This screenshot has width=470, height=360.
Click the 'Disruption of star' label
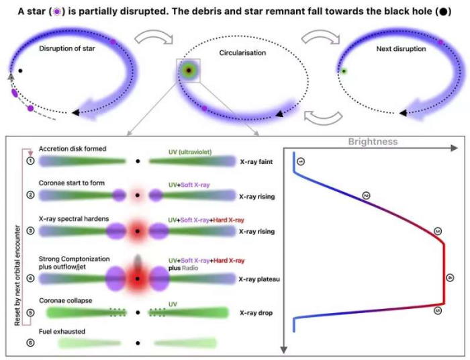pos(67,48)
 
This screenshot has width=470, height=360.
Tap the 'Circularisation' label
pos(242,53)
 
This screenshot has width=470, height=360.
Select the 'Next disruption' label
pos(401,49)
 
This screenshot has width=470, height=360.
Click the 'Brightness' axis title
pos(373,142)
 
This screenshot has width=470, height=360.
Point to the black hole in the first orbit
pos(20,71)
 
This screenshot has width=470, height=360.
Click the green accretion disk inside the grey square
pos(189,71)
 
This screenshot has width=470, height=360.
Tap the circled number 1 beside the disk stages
pos(31,161)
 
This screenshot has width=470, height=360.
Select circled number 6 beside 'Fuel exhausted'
pos(31,343)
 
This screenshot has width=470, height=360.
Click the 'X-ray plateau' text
pos(259,279)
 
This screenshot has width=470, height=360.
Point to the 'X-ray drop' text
pos(256,312)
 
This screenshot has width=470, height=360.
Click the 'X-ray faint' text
pos(256,162)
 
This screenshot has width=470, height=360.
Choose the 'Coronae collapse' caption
pos(65,300)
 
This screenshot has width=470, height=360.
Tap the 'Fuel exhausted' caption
pos(62,331)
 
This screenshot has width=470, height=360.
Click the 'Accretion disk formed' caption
pos(73,148)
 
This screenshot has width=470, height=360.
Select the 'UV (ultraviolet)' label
pos(190,152)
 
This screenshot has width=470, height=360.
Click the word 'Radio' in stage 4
pos(190,268)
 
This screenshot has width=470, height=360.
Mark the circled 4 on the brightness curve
pos(450,278)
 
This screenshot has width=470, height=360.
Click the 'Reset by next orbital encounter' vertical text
pos(17,275)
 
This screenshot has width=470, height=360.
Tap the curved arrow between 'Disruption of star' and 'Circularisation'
pos(154,37)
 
